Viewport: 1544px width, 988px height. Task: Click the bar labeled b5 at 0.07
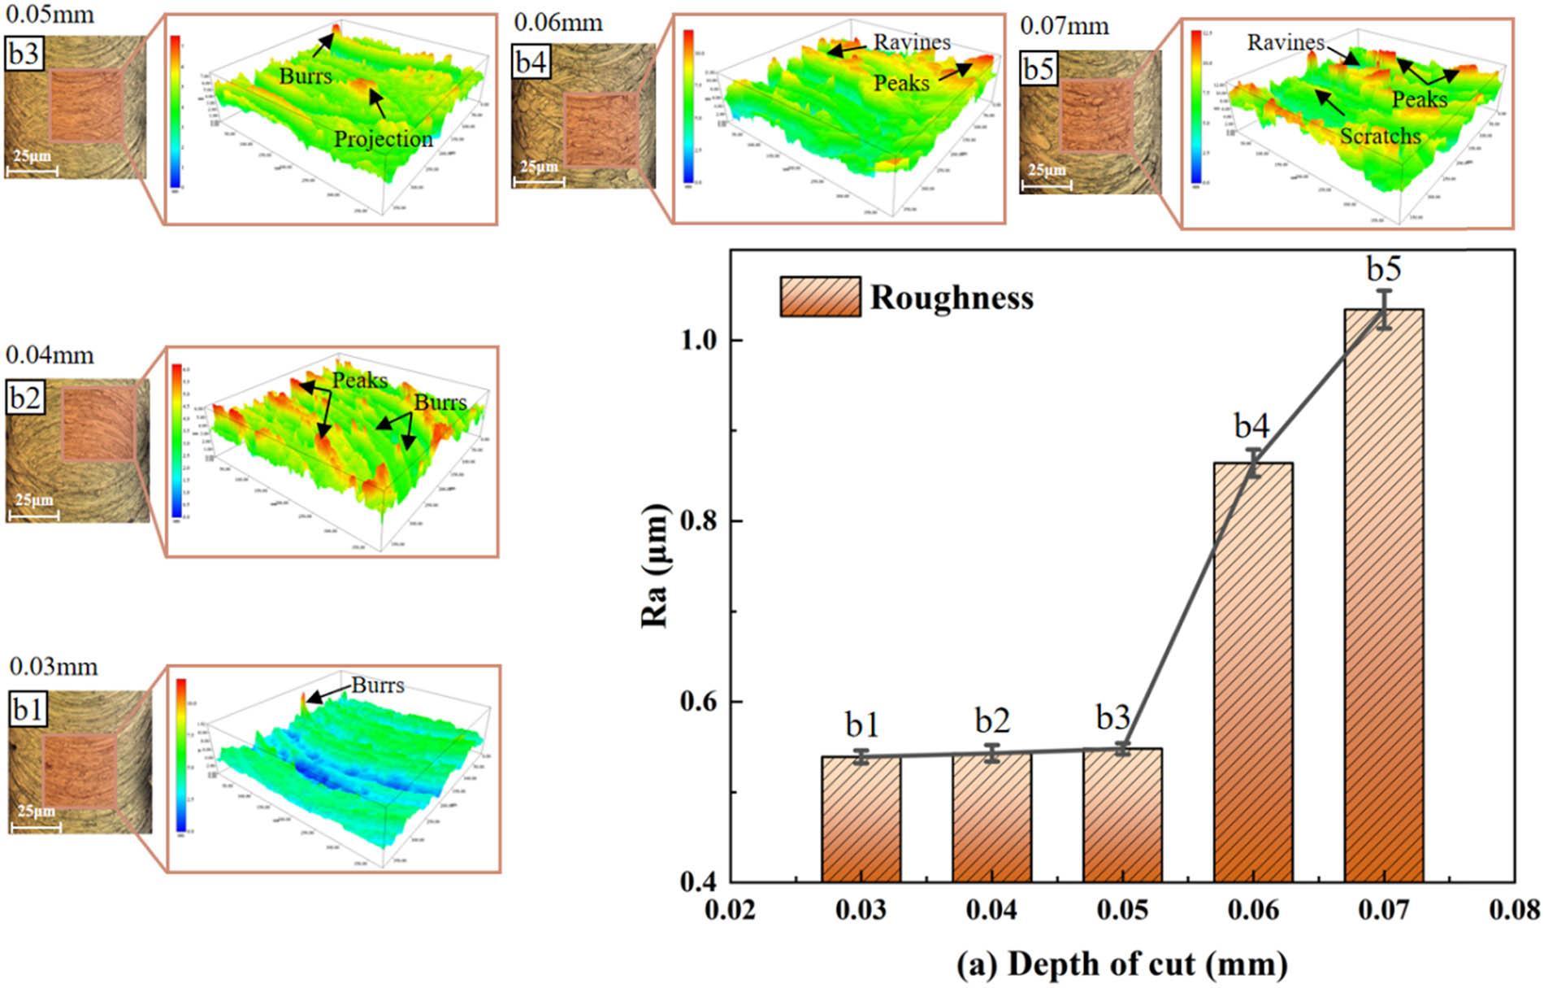1383,594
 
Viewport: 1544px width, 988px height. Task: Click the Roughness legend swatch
820,297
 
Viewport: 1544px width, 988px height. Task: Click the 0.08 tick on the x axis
1514,909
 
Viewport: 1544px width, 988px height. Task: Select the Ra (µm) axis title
655,566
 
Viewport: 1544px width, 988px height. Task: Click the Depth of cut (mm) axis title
1121,964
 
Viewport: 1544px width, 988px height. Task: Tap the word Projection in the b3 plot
384,139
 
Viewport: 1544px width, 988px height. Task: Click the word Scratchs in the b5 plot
1380,136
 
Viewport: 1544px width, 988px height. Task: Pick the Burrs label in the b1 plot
377,686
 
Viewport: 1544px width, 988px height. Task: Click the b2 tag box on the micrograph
25,398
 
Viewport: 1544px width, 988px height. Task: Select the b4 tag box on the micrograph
531,63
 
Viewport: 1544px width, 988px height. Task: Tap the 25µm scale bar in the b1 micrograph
35,827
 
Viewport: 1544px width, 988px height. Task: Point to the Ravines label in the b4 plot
912,42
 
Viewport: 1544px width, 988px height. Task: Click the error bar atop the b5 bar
1383,309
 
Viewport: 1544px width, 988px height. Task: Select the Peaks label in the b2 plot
360,381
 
